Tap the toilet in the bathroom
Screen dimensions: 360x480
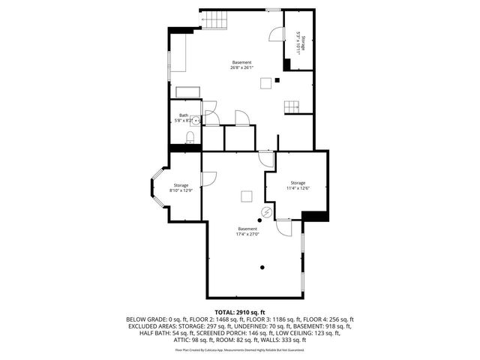190,136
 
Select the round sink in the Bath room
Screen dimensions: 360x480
196,120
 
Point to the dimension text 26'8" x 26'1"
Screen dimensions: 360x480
241,67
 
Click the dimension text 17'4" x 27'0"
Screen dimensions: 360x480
247,234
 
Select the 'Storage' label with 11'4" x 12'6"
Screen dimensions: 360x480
298,182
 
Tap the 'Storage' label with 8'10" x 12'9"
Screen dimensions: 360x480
181,185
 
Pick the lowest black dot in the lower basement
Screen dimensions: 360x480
262,267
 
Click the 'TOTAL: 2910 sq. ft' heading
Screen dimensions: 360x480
240,310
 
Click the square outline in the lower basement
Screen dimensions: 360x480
245,196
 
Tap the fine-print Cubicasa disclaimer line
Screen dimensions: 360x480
240,349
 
